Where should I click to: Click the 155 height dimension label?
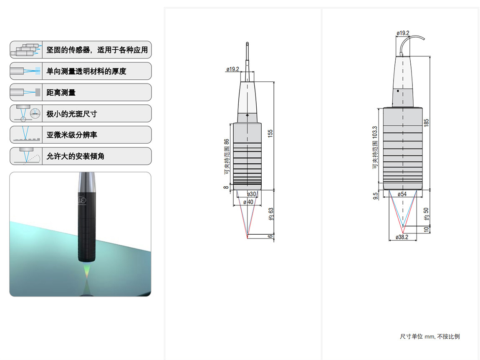coord(270,134)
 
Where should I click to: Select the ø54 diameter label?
coord(402,194)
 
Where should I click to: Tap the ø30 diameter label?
coord(251,194)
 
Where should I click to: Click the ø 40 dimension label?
coord(248,202)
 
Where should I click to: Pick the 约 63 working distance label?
coord(270,214)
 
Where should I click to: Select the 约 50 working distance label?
coord(426,214)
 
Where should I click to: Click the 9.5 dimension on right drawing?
coord(375,195)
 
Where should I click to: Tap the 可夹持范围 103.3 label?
coord(375,147)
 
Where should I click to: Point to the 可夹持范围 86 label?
coord(227,157)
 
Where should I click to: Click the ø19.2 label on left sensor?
coord(232,69)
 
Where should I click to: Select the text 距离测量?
coord(61,93)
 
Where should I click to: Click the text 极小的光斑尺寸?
coord(72,114)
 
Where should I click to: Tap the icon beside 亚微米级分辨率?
coord(26,135)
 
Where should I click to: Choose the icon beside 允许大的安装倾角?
coord(26,156)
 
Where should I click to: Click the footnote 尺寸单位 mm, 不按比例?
coord(429,337)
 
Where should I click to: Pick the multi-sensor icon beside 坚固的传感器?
coord(26,50)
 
